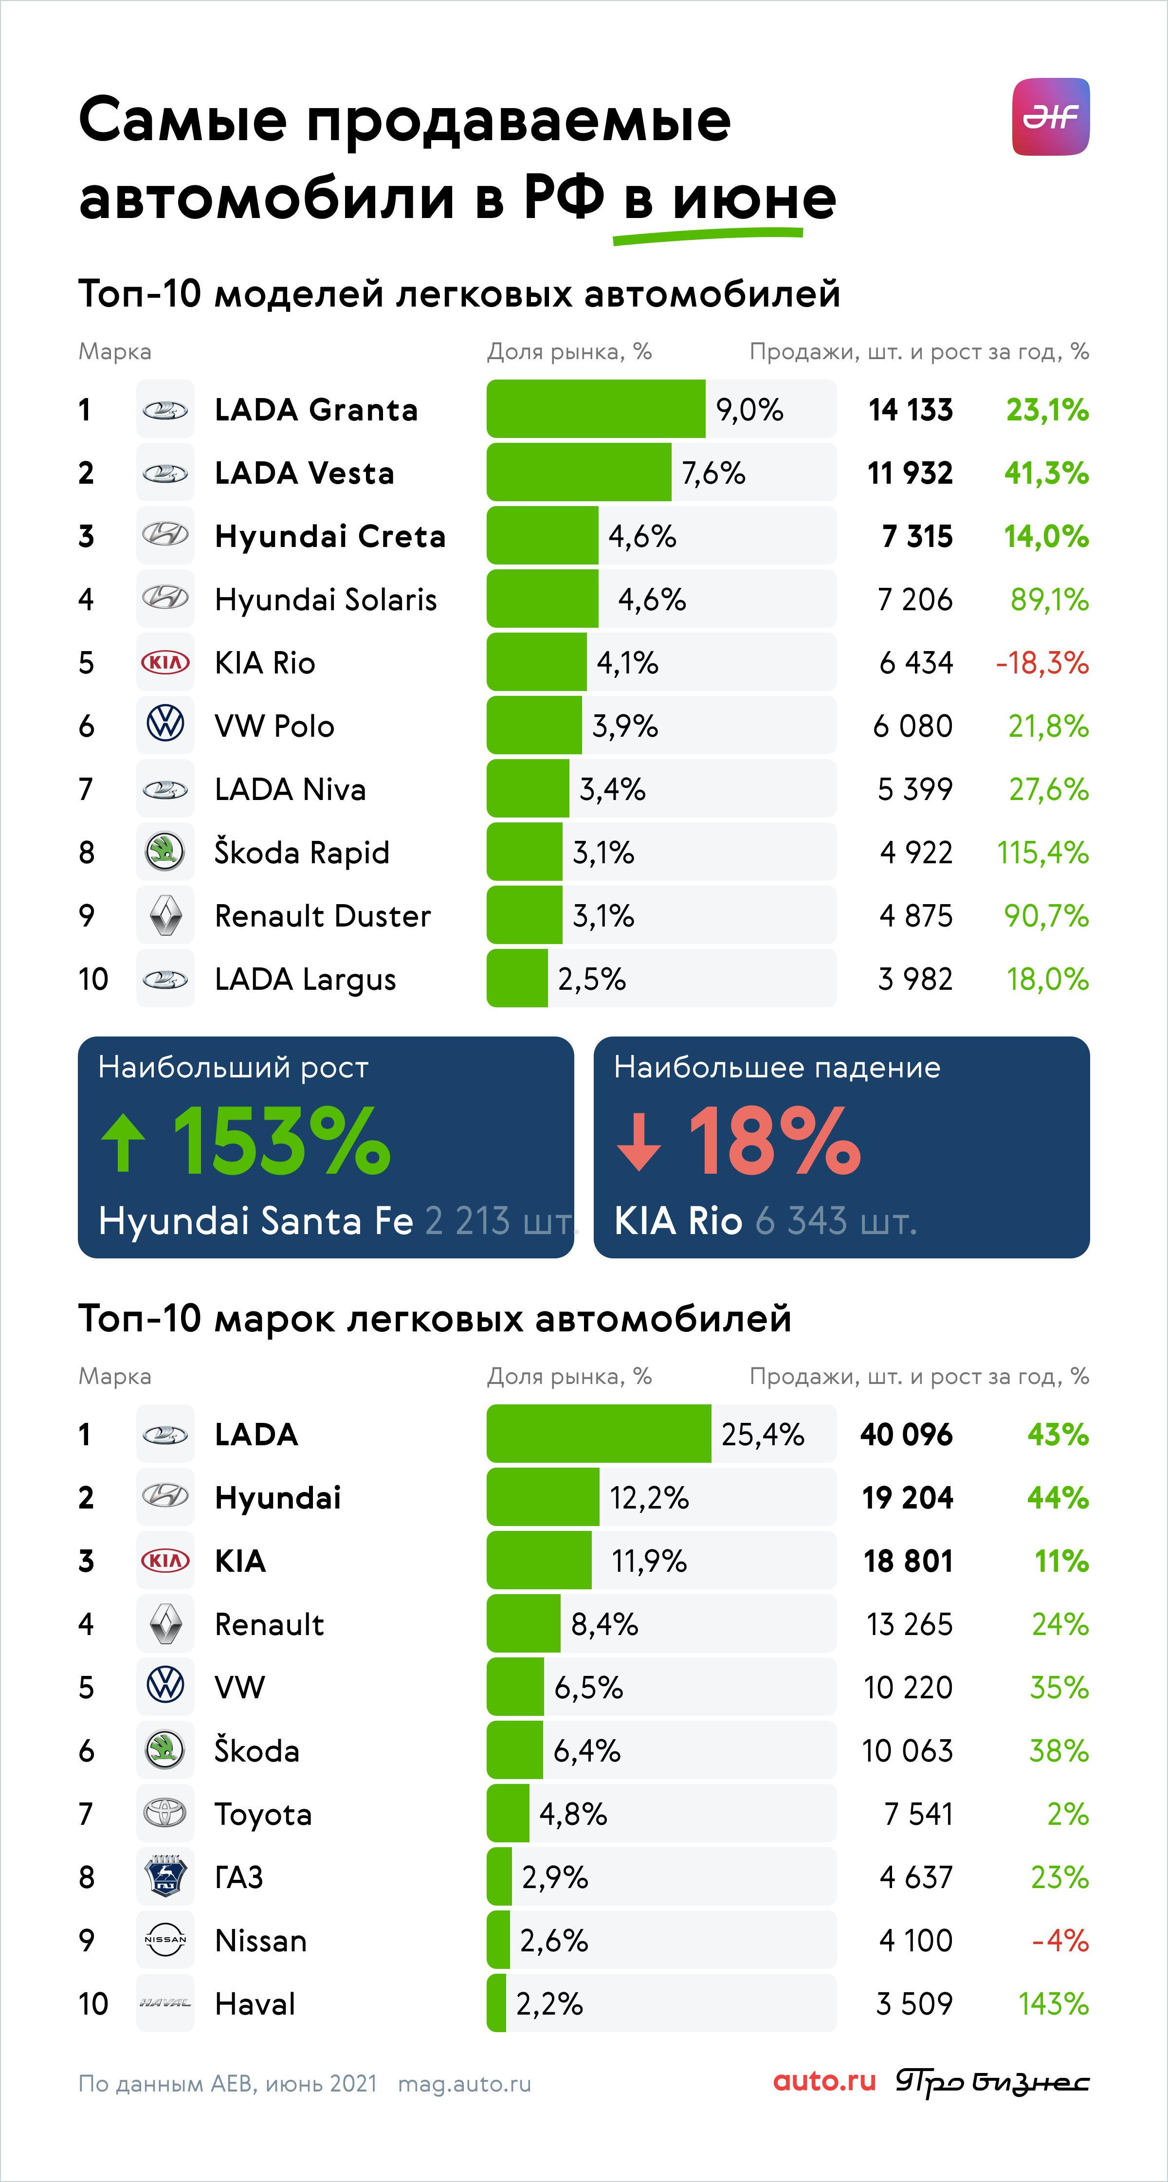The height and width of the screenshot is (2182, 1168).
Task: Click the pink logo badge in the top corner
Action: point(1050,117)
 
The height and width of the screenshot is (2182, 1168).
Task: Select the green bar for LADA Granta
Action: point(595,409)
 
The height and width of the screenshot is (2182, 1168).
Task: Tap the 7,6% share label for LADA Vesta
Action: point(713,473)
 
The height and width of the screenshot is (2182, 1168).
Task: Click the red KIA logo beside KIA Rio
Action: point(165,662)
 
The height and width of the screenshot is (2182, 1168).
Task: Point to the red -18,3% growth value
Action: point(1042,662)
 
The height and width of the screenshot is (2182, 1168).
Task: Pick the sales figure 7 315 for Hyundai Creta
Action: point(917,536)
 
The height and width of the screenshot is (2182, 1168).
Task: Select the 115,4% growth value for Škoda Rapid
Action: point(1042,852)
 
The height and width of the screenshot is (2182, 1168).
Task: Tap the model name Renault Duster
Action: point(323,916)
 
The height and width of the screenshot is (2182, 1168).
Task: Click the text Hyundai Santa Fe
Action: point(256,1220)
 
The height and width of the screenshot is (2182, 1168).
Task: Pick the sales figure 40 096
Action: point(906,1434)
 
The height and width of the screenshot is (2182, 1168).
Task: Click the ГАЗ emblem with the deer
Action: point(165,1876)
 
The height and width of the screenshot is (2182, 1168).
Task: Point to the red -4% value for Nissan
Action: point(1060,1940)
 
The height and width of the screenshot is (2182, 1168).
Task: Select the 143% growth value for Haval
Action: point(1054,2003)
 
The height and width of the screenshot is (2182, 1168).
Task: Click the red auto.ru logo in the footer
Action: point(824,2081)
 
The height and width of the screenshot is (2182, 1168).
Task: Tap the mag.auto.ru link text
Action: point(464,2084)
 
